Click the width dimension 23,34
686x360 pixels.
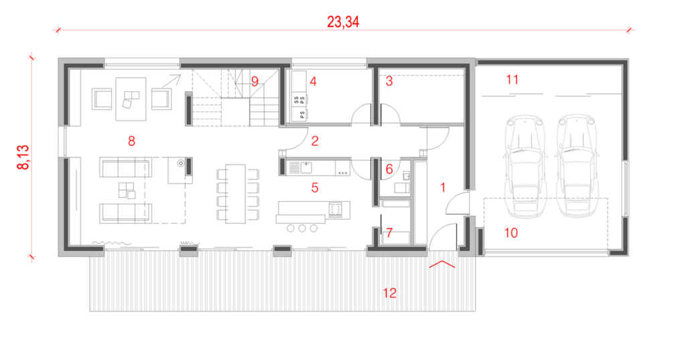343,22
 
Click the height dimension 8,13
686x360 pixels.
23,157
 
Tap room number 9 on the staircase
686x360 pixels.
255,81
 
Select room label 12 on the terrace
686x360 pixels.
389,293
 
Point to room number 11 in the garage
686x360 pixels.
512,80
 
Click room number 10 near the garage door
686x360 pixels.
511,233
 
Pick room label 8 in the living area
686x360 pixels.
131,141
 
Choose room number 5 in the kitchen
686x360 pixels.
315,188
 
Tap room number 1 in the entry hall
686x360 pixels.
443,188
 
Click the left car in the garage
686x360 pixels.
525,166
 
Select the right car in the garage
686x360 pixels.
577,166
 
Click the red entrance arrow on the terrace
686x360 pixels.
442,264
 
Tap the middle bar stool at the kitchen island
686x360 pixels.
302,228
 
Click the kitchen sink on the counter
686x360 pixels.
306,168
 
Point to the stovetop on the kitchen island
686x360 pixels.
336,210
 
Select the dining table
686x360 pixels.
235,194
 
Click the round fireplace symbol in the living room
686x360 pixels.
180,164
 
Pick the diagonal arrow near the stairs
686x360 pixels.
171,82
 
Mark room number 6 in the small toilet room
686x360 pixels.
389,169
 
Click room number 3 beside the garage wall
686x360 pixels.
389,81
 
